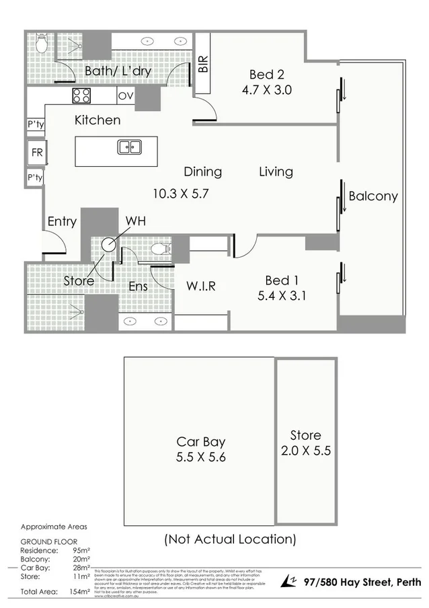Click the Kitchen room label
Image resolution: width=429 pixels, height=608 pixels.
point(97,120)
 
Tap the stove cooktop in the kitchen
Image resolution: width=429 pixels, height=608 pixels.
point(81,96)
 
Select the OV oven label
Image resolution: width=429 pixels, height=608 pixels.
point(125,96)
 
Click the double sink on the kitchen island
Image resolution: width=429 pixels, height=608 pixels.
point(128,147)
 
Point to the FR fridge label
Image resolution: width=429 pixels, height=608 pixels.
point(36,153)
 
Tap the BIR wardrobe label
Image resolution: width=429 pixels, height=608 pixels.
point(203,65)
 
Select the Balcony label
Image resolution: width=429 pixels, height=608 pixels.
point(373,196)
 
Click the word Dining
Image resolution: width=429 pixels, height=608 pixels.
point(202,172)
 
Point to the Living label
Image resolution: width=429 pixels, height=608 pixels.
point(276,172)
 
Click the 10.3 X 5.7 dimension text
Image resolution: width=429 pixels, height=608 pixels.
point(181,194)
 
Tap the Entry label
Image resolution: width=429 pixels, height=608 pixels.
point(62,221)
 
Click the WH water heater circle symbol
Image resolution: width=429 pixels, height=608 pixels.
point(108,243)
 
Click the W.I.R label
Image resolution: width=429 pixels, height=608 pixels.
point(200,286)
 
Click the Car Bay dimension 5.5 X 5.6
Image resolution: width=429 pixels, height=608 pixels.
point(200,457)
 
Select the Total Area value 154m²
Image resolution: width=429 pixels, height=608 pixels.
point(79,591)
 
